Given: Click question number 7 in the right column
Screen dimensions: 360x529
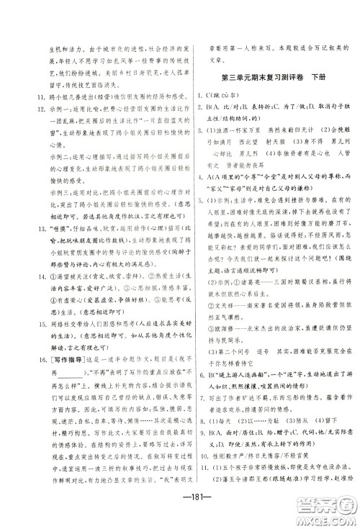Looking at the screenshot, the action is tap(199, 422).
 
